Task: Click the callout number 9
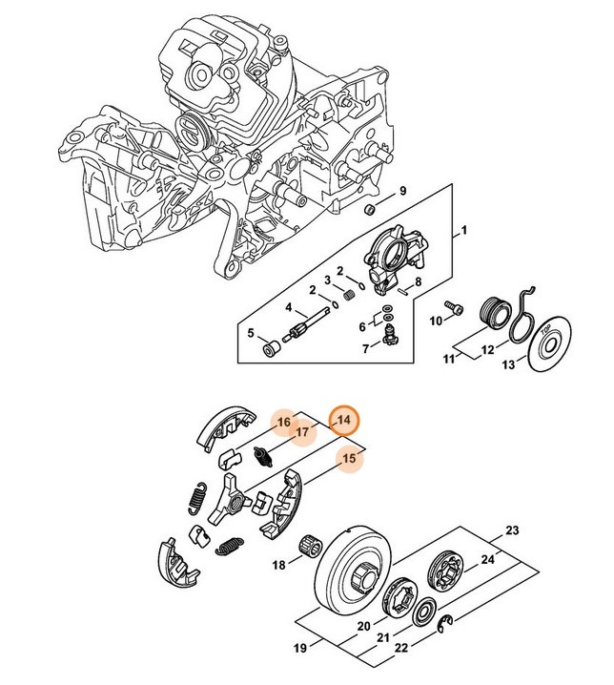(x=403, y=191)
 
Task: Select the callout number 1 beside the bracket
(x=464, y=231)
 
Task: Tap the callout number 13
(x=508, y=365)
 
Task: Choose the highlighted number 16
(x=283, y=422)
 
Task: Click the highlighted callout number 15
(x=350, y=459)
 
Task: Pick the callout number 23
(x=512, y=530)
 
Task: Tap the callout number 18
(x=279, y=565)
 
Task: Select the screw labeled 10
(x=454, y=308)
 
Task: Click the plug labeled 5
(x=270, y=346)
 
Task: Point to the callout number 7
(x=363, y=349)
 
